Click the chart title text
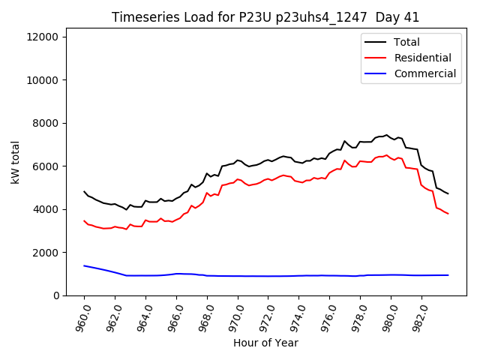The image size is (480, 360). click(265, 17)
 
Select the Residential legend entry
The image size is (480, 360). click(422, 58)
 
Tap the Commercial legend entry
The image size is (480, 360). click(424, 73)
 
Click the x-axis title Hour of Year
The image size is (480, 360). click(265, 343)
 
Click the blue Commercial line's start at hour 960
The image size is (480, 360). click(84, 265)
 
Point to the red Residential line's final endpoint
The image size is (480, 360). click(448, 214)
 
